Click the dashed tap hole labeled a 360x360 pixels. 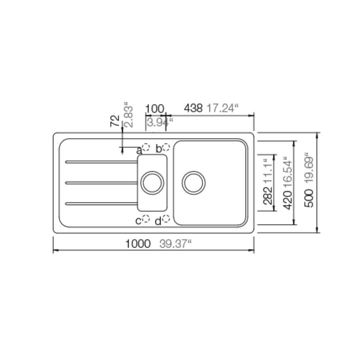pyautogui.click(x=146, y=147)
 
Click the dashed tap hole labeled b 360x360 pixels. pyautogui.click(x=166, y=147)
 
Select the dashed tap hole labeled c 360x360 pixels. pyautogui.click(x=146, y=219)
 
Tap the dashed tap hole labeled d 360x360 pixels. pyautogui.click(x=166, y=219)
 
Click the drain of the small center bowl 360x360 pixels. pyautogui.click(x=152, y=183)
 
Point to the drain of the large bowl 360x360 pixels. pyautogui.click(x=194, y=183)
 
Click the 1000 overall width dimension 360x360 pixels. pyautogui.click(x=138, y=244)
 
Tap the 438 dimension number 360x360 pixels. pyautogui.click(x=193, y=108)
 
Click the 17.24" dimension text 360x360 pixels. pyautogui.click(x=223, y=108)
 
